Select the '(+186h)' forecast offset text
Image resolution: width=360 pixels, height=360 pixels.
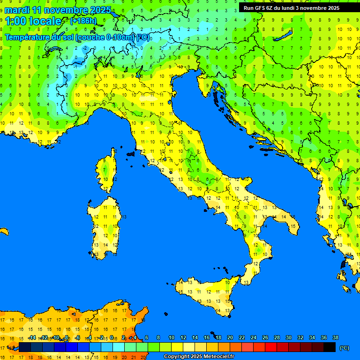point(83,21)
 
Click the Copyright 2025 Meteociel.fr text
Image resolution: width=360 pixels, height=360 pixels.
point(198,356)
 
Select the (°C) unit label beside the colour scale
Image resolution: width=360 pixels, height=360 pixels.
point(344,347)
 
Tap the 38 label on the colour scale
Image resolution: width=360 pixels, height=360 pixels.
point(335,338)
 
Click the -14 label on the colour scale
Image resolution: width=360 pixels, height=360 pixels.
point(32,338)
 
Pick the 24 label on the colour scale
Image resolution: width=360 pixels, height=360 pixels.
point(253,338)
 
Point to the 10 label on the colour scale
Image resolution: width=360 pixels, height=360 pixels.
point(172,338)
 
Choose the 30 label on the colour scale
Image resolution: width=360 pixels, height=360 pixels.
point(288,338)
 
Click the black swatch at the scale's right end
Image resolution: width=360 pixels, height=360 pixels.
point(330,347)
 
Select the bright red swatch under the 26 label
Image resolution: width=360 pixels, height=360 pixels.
point(271,347)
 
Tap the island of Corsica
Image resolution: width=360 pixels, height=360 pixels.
point(107,171)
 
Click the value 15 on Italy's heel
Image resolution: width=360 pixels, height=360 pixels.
point(292,226)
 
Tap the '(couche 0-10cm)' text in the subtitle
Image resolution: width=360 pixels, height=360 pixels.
point(105,37)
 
